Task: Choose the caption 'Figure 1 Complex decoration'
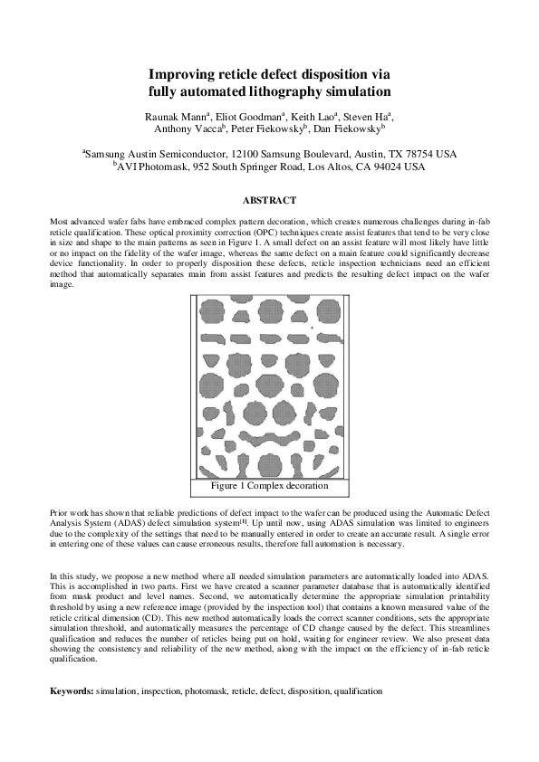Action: click(269, 486)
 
